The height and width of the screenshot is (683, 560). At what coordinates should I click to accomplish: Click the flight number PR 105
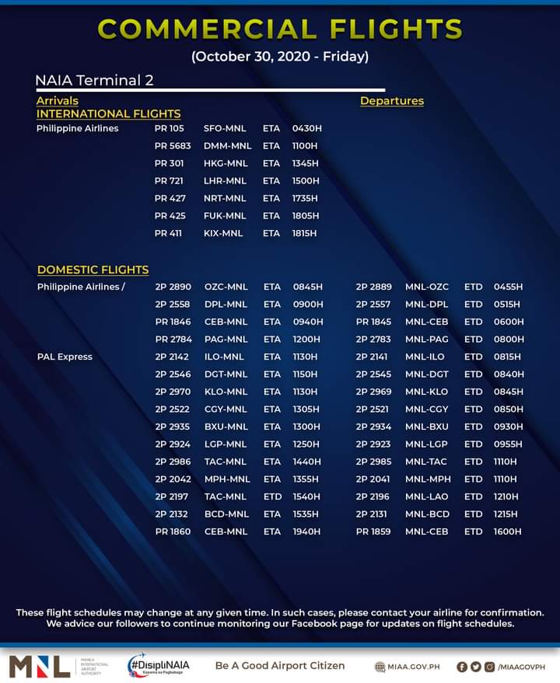coord(169,128)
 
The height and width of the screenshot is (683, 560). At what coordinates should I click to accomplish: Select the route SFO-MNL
coord(225,128)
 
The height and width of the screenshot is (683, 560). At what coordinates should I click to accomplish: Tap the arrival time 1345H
coord(306,163)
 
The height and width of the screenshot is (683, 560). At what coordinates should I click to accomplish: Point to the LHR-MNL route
coord(225,181)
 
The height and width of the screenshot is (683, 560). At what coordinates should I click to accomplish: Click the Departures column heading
coord(392,101)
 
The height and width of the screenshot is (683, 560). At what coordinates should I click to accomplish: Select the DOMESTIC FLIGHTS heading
coord(93,270)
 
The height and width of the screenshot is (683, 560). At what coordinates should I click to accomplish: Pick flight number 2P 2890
coord(173,287)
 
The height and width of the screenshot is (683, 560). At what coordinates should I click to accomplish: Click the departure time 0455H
coord(508,287)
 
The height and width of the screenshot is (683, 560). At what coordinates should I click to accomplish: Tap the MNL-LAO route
coord(428,497)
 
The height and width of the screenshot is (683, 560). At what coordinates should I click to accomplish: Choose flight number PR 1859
coord(373,531)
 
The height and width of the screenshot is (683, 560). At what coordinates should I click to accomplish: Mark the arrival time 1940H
coord(306,531)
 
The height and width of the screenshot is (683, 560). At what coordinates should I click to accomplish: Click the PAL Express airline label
coord(65,357)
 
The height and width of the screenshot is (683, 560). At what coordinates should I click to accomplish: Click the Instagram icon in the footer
coord(489,666)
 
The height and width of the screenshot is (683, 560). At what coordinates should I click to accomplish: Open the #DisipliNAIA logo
coord(159,666)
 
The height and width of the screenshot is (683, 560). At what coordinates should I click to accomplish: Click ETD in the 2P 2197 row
coord(271,497)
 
